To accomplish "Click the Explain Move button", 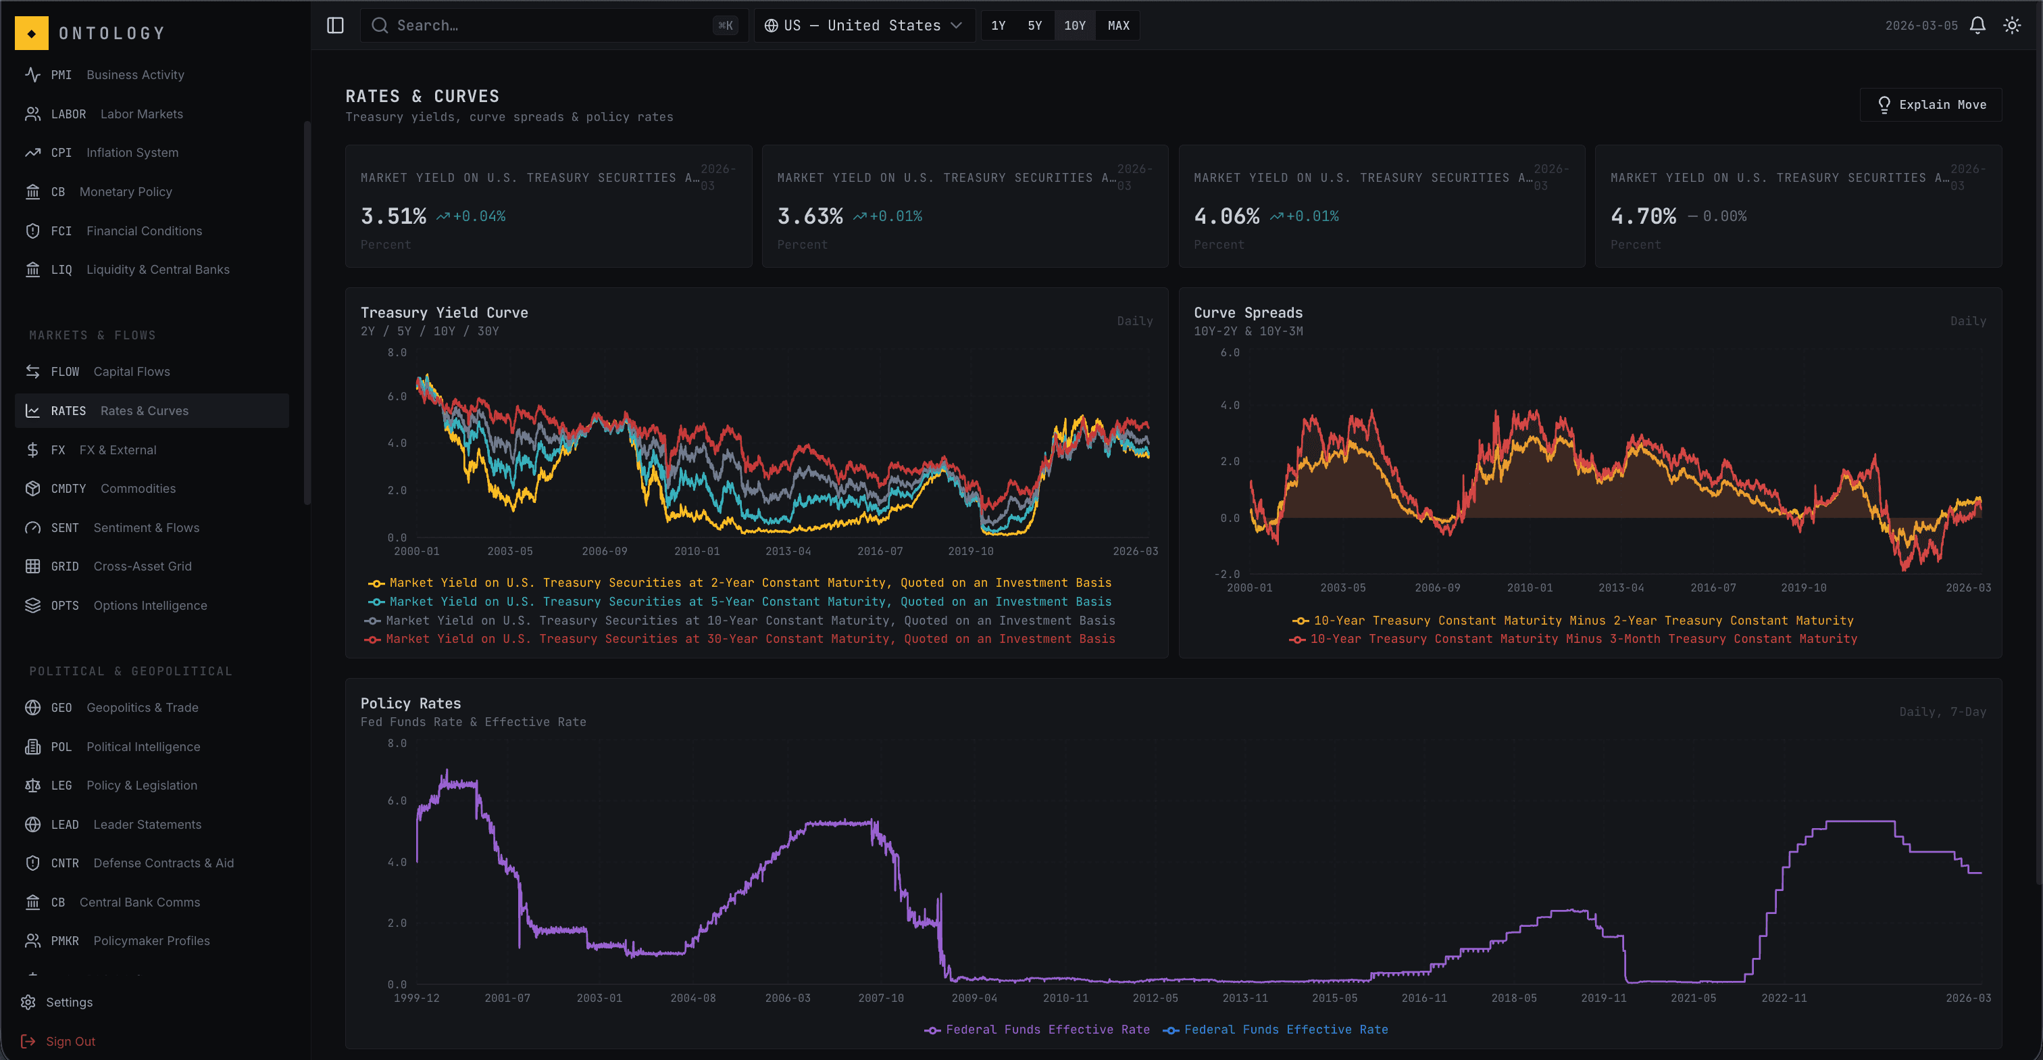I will (1930, 105).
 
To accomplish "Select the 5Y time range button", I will (1034, 26).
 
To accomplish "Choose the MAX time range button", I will (1117, 26).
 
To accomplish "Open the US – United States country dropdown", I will (863, 26).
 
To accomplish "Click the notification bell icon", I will (1977, 26).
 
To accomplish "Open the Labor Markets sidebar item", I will (141, 114).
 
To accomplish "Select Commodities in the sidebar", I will (138, 489).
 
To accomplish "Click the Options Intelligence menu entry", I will (150, 605).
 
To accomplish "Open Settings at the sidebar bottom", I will (69, 1002).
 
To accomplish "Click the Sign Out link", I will (70, 1041).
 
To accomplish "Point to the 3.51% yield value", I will (393, 216).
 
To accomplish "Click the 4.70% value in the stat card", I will (1642, 216).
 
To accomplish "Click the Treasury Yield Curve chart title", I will (444, 312).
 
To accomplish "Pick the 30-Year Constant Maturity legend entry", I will (749, 639).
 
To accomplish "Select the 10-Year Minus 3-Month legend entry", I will (1582, 639).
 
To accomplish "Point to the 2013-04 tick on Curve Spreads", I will (1620, 588).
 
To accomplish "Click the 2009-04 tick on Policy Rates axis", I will (974, 998).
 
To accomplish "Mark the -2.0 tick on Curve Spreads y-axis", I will (1226, 574).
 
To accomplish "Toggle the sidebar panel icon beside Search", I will (336, 26).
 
